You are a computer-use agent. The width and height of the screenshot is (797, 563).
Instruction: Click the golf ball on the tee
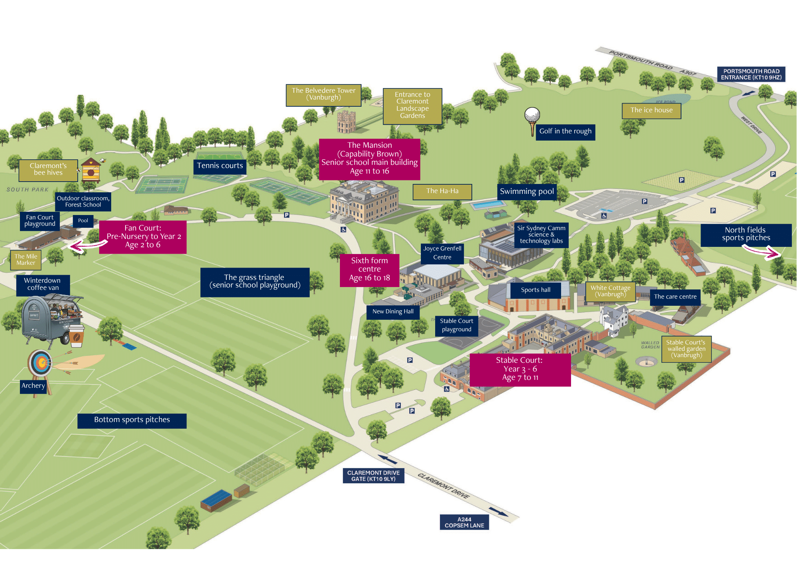click(x=532, y=115)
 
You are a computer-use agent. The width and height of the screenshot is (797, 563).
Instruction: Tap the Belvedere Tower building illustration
click(x=346, y=122)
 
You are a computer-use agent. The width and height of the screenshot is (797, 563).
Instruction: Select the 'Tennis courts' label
click(x=220, y=166)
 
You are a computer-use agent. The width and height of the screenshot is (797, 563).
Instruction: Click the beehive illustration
click(x=91, y=170)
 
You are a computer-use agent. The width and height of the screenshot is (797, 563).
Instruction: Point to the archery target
click(x=40, y=363)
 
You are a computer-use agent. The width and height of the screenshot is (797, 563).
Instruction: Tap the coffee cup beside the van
click(x=77, y=336)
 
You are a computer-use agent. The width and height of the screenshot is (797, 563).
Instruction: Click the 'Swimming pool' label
click(x=527, y=192)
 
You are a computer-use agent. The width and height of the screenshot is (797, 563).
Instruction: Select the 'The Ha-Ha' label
click(x=442, y=192)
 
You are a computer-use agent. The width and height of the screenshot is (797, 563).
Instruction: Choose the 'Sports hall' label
click(x=536, y=290)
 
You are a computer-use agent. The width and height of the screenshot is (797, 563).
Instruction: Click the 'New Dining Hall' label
click(x=393, y=312)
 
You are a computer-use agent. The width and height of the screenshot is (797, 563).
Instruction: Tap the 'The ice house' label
click(x=652, y=111)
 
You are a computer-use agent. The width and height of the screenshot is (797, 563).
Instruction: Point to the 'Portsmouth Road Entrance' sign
click(x=751, y=74)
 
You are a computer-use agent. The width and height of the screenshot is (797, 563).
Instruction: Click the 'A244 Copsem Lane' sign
click(x=464, y=522)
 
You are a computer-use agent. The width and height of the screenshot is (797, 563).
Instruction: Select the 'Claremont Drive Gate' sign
click(x=373, y=476)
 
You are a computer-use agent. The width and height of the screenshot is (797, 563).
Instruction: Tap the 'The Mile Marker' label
click(x=26, y=260)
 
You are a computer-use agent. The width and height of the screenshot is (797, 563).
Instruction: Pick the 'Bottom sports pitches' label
click(x=132, y=420)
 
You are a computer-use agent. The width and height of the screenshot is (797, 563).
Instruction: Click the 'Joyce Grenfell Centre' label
click(x=442, y=253)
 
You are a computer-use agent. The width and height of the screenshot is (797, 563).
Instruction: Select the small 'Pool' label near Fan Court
click(x=83, y=221)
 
